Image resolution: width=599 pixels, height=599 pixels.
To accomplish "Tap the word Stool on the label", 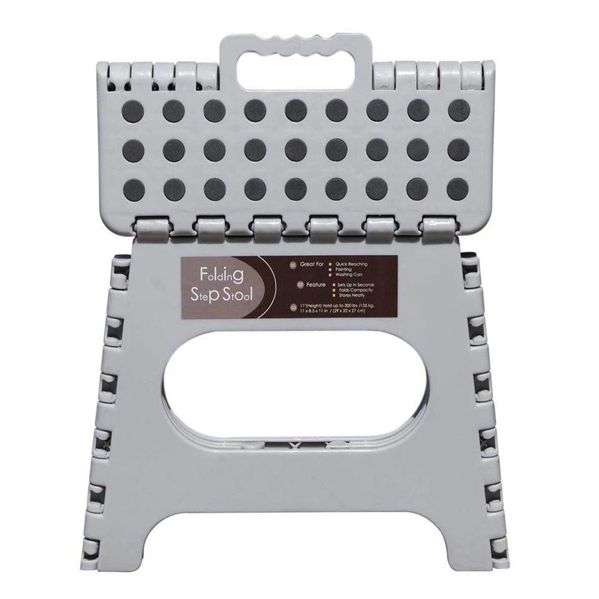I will pos(238,295).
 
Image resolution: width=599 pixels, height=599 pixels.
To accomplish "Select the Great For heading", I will pos(312,264).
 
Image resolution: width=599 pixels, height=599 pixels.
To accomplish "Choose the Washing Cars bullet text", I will pos(349,275).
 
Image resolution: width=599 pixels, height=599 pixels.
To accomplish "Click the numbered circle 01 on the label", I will pos(293,265).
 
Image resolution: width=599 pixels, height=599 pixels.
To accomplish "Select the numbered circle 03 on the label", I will pos(293,306).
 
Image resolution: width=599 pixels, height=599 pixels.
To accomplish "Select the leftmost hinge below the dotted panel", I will pos(153,229).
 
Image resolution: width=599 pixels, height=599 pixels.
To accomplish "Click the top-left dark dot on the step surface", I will pos(133,111).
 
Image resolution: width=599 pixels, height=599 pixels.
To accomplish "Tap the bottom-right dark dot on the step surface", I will pos(458,189).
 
